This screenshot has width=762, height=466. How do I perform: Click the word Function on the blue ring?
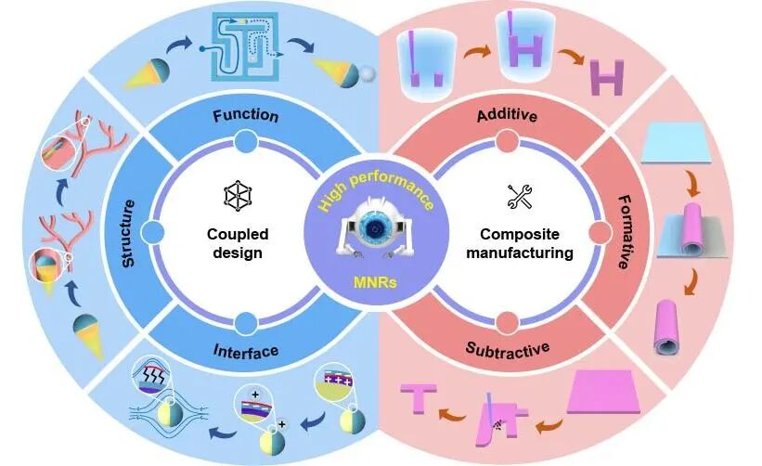pyautogui.click(x=246, y=116)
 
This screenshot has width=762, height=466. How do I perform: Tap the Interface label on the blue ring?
pyautogui.click(x=246, y=350)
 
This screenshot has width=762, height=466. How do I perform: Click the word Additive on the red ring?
pyautogui.click(x=507, y=116)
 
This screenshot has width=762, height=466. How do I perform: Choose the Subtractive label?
pyautogui.click(x=507, y=350)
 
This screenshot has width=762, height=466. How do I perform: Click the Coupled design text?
pyautogui.click(x=233, y=243)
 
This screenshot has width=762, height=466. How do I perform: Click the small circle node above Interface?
pyautogui.click(x=247, y=323)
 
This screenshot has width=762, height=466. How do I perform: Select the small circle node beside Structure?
pyautogui.click(x=155, y=232)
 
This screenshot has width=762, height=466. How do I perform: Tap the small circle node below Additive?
pyautogui.click(x=507, y=141)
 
